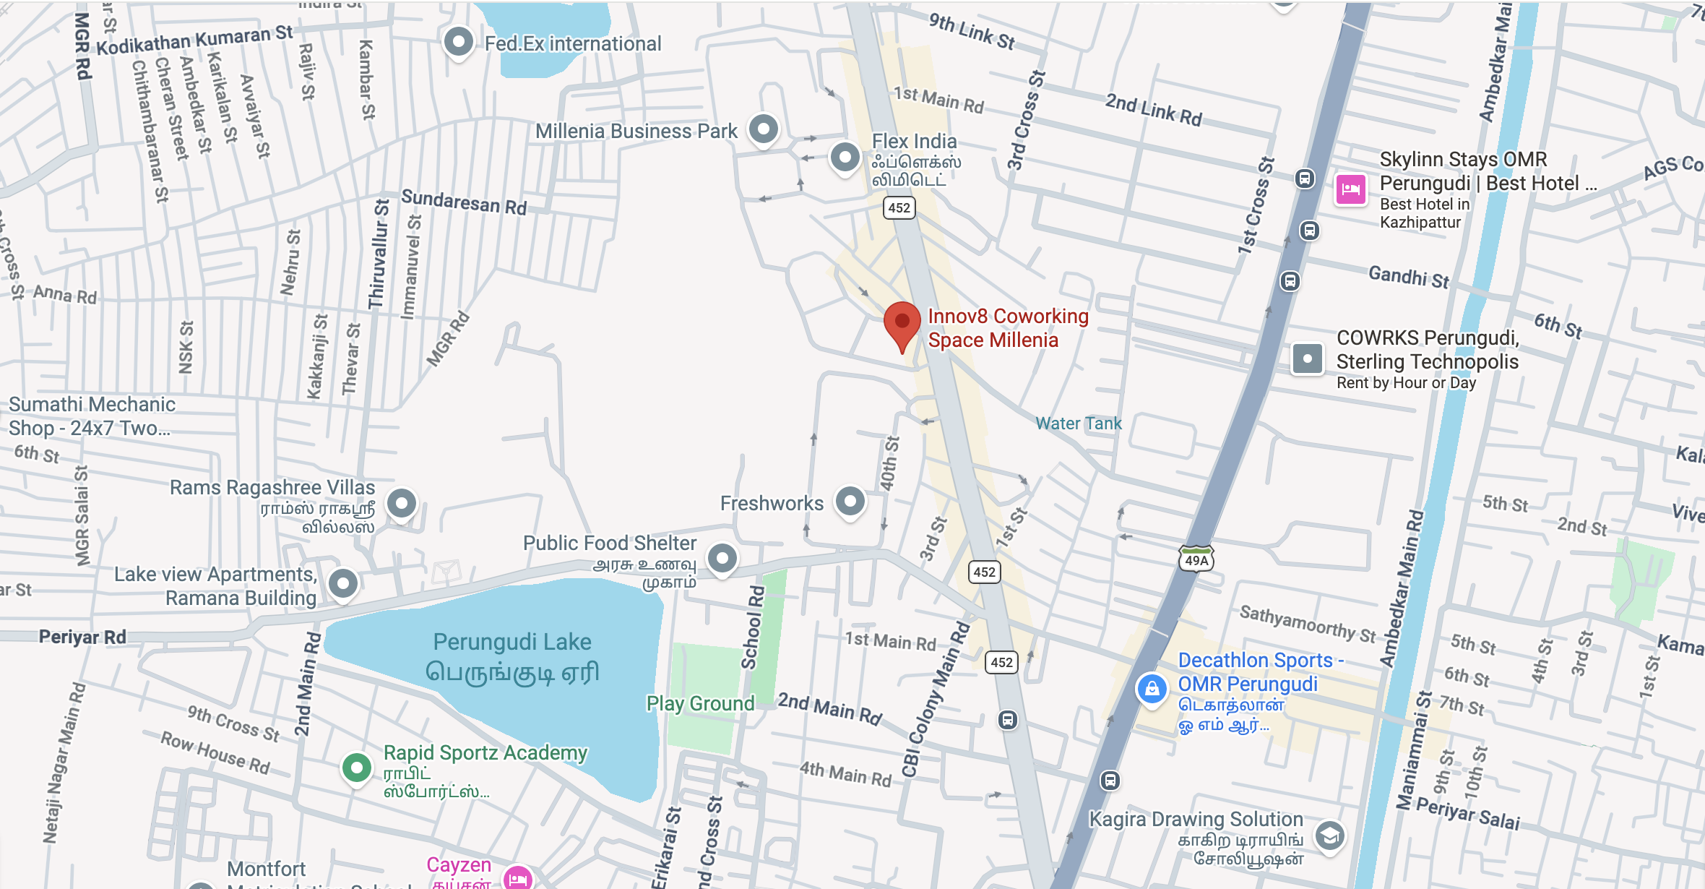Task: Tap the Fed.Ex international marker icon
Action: [459, 42]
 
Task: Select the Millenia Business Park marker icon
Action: [763, 130]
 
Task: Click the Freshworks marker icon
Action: [850, 501]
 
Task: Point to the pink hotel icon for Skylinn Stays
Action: [1350, 190]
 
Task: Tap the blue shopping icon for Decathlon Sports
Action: [1152, 688]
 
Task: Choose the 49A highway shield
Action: [1196, 560]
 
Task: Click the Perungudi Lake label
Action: [512, 642]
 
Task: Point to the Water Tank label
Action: [1078, 424]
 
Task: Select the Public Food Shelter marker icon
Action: [722, 558]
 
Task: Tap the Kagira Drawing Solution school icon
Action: [1329, 836]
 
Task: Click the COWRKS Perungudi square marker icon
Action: [1307, 358]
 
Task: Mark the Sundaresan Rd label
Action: [464, 202]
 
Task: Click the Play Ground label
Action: [700, 703]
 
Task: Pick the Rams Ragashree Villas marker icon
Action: [402, 502]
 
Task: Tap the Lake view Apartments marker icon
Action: [343, 583]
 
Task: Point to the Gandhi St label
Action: [1409, 277]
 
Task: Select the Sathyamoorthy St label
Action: [1308, 624]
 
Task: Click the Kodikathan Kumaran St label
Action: [195, 39]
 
